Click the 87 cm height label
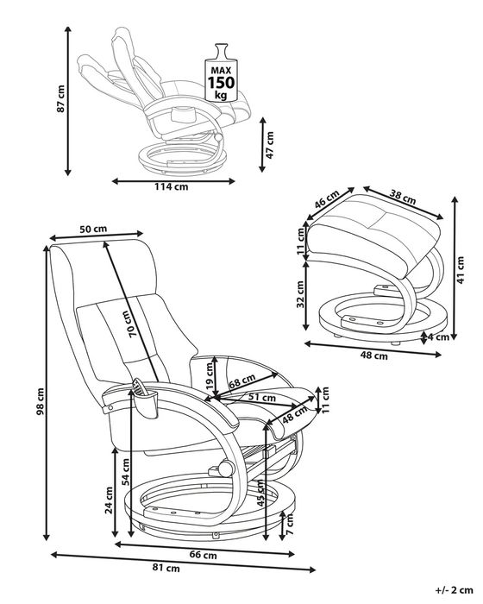click(x=61, y=99)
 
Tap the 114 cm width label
click(x=172, y=187)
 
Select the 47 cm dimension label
click(x=270, y=145)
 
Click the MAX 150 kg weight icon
click(x=221, y=72)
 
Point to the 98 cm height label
click(x=40, y=402)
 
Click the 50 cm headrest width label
click(x=93, y=229)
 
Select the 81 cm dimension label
click(x=166, y=568)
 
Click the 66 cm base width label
click(x=203, y=555)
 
